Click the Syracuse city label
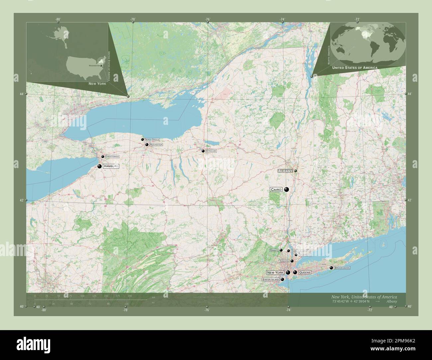tap(211, 151)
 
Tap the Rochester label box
tap(156, 145)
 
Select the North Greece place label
tap(152, 139)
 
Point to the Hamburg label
tap(111, 166)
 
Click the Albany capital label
tap(285, 171)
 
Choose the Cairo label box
tap(276, 190)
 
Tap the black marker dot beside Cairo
tap(286, 190)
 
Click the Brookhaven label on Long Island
tap(342, 268)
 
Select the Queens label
tap(305, 272)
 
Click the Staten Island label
tap(270, 280)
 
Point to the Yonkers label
tap(284, 261)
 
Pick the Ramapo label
tap(274, 250)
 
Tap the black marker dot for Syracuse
tap(203, 151)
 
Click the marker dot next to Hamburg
tap(99, 166)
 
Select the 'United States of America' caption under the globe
tap(354, 68)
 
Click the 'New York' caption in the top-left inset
tap(97, 84)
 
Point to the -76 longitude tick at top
tap(207, 19)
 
